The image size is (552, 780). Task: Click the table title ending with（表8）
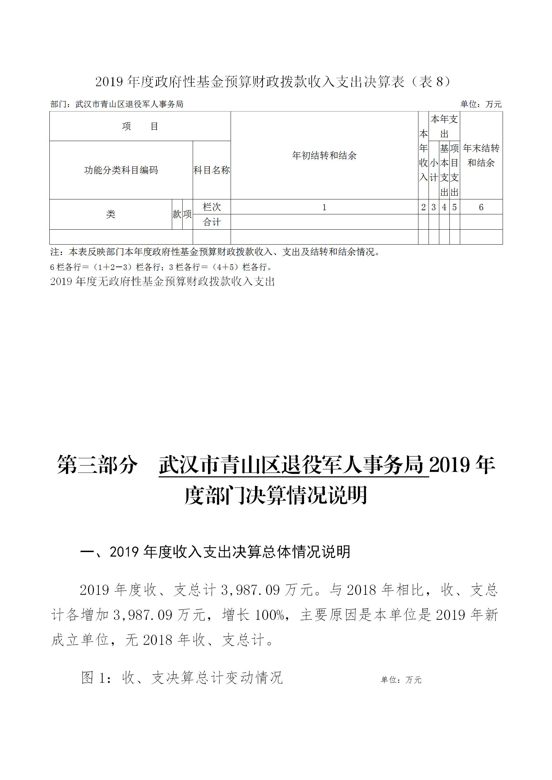point(273,82)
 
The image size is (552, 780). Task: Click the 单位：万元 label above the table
point(481,104)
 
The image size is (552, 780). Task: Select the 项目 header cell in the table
point(140,126)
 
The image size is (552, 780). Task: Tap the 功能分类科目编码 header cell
point(121,170)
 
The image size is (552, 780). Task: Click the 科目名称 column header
point(211,170)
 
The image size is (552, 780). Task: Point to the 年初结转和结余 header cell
point(324,156)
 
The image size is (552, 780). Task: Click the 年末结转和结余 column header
point(481,156)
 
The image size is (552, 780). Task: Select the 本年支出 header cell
point(444,126)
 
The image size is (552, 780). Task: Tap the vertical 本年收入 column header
point(423,156)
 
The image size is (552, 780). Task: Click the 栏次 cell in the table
point(211,207)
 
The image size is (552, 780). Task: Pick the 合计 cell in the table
point(211,222)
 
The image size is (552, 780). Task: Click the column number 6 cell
point(481,207)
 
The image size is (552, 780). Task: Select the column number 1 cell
point(324,207)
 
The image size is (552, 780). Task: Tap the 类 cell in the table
point(111,214)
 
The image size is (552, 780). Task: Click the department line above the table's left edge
point(117,104)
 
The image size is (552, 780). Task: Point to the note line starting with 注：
point(216,252)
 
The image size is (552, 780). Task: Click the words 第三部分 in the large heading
point(97,465)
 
